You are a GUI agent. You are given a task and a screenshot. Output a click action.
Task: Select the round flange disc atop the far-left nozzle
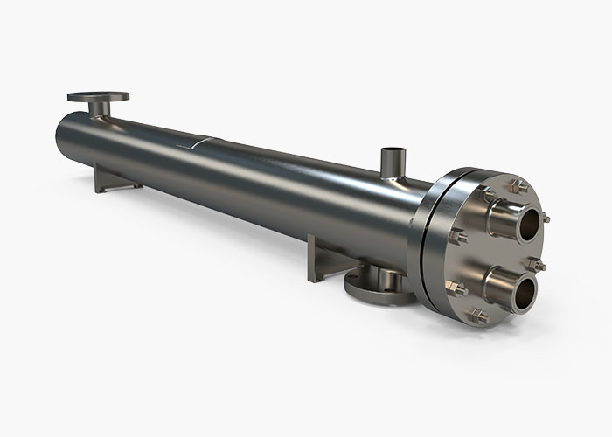coord(97,97)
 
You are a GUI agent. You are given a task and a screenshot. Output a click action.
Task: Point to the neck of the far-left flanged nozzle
coord(99,108)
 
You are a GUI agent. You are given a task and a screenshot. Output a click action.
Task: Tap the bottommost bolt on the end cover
coord(478,317)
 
